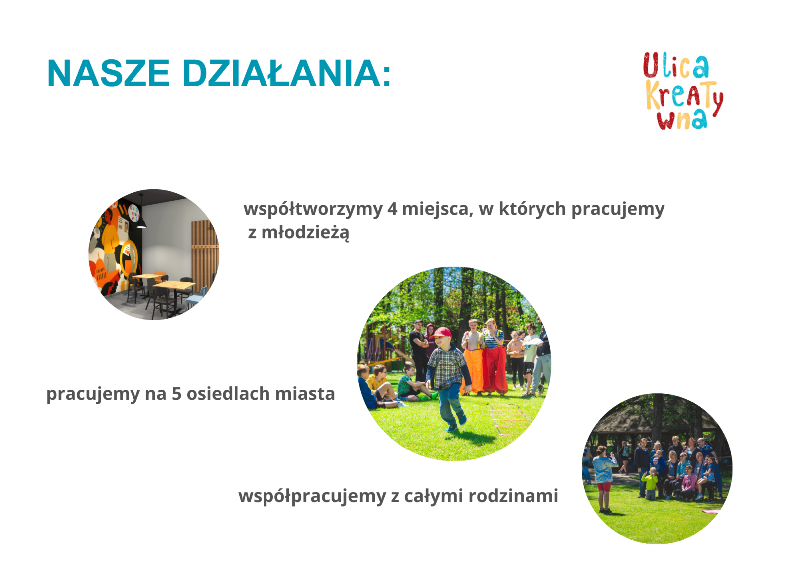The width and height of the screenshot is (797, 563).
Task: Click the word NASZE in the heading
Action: (x=109, y=73)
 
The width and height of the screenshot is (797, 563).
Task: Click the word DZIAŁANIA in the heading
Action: (x=281, y=73)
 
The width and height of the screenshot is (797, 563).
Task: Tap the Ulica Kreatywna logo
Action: (x=683, y=91)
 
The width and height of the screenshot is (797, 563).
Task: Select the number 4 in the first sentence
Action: (x=392, y=209)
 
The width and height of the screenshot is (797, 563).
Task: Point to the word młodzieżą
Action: (x=305, y=233)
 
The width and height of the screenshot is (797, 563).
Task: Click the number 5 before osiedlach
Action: (x=177, y=394)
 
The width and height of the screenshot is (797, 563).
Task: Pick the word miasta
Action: (x=305, y=394)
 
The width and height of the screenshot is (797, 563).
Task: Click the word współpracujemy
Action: (x=312, y=496)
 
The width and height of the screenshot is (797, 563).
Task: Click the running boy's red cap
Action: (x=441, y=333)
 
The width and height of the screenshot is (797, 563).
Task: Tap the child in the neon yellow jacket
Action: (x=650, y=484)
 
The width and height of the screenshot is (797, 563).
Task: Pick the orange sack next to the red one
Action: (x=473, y=370)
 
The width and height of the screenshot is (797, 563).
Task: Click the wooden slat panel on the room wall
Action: (x=204, y=253)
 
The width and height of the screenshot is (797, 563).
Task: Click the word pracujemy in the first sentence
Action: (x=618, y=209)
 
